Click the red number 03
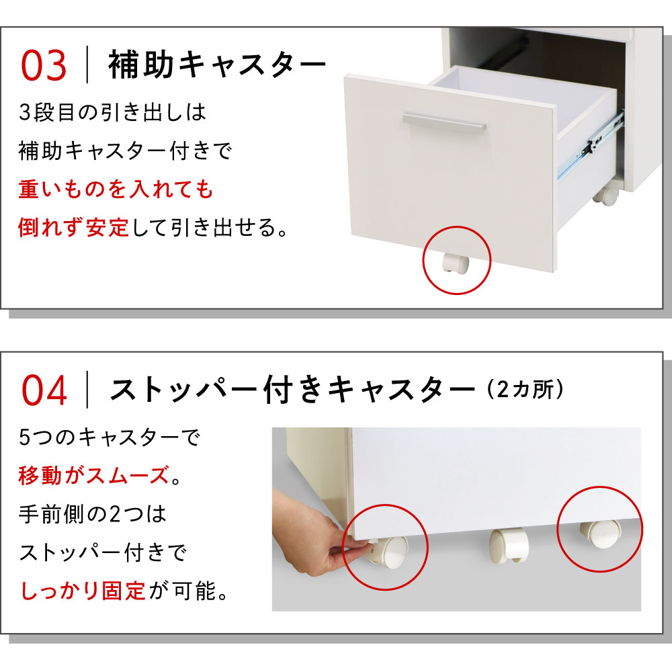tap(44, 65)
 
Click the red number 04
tap(44, 390)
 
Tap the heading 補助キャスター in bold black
tap(217, 65)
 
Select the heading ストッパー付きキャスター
tap(293, 389)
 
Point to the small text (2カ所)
tap(526, 390)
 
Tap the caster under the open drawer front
tap(456, 263)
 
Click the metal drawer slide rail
tap(591, 145)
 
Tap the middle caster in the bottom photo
tap(509, 545)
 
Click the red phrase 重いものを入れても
tap(116, 189)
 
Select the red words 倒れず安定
tap(74, 227)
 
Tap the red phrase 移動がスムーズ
tap(94, 475)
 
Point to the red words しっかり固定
tap(83, 591)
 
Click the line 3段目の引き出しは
tap(112, 112)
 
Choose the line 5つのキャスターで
tap(110, 437)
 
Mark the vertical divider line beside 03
tap(87, 65)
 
